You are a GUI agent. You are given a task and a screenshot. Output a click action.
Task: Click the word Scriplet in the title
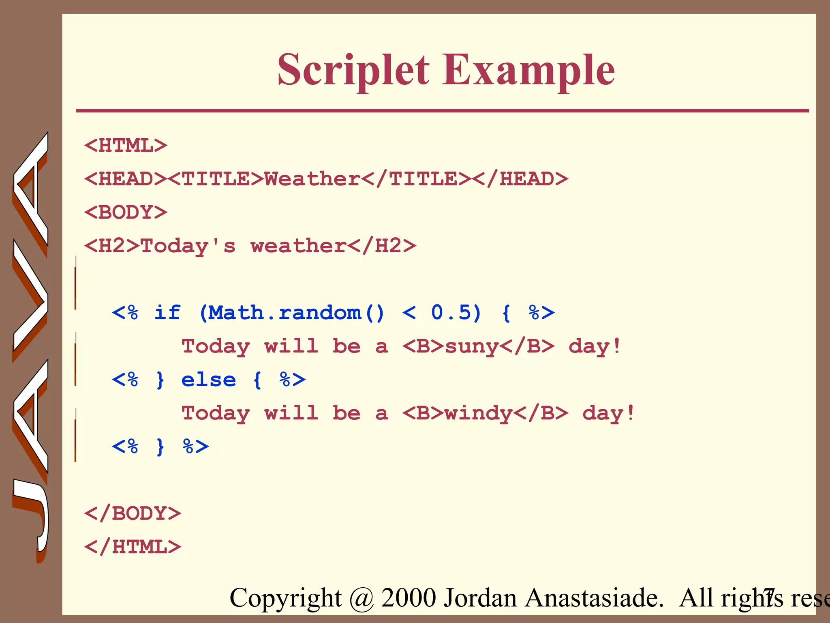click(x=353, y=71)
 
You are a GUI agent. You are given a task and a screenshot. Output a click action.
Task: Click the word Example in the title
click(x=528, y=71)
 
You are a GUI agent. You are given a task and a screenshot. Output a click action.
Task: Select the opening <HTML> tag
click(x=126, y=146)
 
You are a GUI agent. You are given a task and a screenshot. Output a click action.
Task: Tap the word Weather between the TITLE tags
click(x=312, y=179)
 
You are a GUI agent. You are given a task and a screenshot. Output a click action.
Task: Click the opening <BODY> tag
click(x=126, y=213)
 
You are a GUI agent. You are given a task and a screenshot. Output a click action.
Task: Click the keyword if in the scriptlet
click(x=167, y=313)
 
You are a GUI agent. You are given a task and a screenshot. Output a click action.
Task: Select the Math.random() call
click(x=292, y=313)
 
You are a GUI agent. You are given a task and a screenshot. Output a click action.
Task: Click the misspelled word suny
click(x=472, y=347)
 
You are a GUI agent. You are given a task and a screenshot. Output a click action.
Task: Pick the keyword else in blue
click(x=208, y=380)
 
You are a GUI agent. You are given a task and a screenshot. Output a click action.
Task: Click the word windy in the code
click(x=479, y=414)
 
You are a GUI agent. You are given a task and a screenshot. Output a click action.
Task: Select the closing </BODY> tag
click(x=133, y=513)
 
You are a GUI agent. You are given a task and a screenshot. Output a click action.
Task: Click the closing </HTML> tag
click(x=133, y=547)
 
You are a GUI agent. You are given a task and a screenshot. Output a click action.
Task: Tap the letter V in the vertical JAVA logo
click(x=30, y=300)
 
